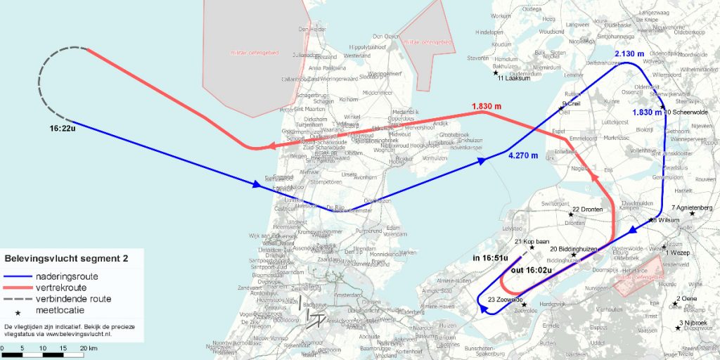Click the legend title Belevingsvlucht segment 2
click(67, 259)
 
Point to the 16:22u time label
click(64, 129)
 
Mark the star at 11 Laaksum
click(496, 72)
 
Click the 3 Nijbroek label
click(695, 323)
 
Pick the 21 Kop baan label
click(532, 241)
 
